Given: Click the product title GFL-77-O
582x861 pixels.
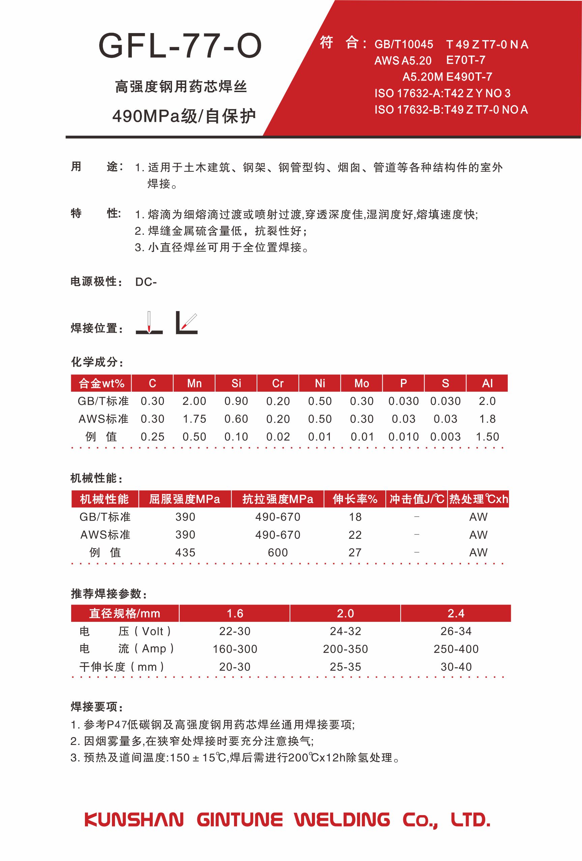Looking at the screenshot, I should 180,46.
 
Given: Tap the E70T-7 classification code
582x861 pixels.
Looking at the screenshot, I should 465,60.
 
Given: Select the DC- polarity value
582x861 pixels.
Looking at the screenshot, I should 146,282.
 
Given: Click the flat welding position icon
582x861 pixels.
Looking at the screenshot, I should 149,324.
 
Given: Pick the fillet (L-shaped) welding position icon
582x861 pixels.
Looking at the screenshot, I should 186,323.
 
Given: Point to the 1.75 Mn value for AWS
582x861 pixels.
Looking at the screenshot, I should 194,419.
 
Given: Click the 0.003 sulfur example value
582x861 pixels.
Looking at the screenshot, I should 445,437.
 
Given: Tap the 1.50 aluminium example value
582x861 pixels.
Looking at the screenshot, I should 487,437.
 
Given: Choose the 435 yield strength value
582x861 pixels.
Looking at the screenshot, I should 185,552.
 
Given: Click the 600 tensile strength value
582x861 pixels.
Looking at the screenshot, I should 278,552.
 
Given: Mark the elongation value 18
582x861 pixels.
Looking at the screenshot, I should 355,517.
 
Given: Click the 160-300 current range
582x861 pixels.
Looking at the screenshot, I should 235,649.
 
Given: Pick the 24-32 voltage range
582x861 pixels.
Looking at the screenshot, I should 345,631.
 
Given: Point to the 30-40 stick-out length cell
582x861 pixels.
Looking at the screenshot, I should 456,667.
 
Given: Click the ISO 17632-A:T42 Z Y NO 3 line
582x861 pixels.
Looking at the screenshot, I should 442,93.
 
